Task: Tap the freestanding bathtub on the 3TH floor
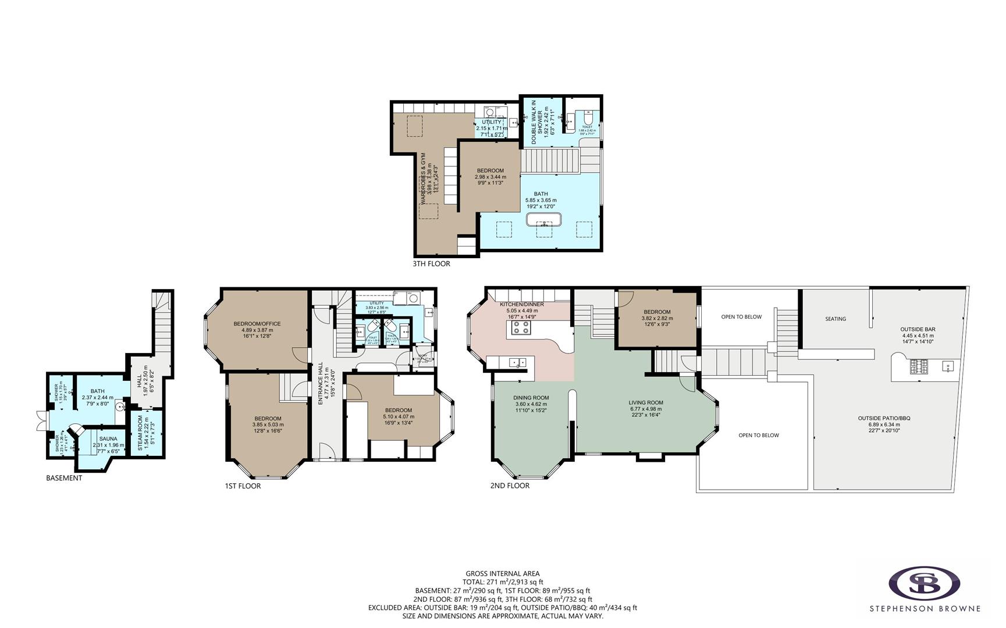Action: tap(544, 220)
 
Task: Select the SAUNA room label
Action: tap(108, 439)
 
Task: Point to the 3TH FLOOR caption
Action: tap(431, 263)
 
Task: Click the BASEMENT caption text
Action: tap(64, 478)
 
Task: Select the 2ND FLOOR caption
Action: tap(510, 486)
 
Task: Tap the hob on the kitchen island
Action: tap(521, 328)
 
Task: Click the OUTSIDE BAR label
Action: tap(918, 329)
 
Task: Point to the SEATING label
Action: tap(836, 319)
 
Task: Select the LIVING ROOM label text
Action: tap(646, 402)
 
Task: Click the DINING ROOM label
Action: tap(531, 398)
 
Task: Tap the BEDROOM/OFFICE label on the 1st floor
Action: tap(257, 324)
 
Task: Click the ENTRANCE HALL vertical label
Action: tap(321, 384)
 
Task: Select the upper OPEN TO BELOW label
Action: tap(741, 317)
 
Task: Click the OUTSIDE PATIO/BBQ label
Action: tap(884, 418)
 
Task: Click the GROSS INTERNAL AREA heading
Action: tap(502, 573)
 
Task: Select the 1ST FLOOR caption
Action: tap(243, 486)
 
